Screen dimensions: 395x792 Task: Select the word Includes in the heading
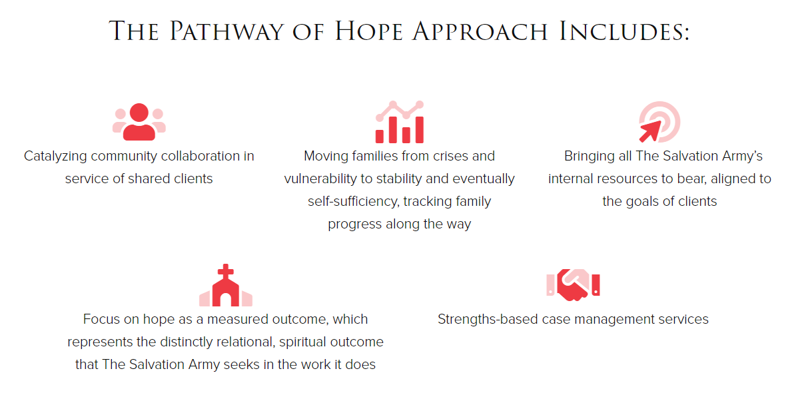tap(623, 32)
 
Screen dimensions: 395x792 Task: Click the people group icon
tap(139, 122)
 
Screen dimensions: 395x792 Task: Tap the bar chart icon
tap(399, 123)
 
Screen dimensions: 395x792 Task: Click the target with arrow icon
tap(659, 123)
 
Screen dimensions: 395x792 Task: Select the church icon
tap(226, 286)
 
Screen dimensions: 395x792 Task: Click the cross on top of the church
tap(226, 271)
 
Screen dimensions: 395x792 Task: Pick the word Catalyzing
tap(55, 156)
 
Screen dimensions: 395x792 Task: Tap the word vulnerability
tap(324, 179)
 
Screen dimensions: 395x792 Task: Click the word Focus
tap(101, 319)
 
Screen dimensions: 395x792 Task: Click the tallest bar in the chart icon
tap(419, 130)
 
